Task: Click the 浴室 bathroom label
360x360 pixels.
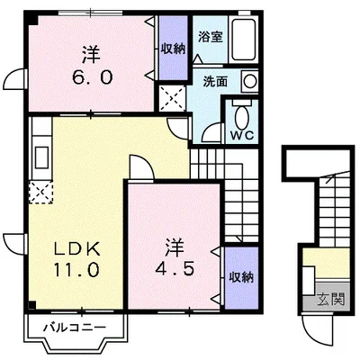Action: pyautogui.click(x=211, y=37)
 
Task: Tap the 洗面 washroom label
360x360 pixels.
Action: pyautogui.click(x=215, y=82)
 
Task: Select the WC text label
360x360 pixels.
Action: pyautogui.click(x=242, y=135)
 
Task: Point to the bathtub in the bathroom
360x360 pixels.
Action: pyautogui.click(x=243, y=38)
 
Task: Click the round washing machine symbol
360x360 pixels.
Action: pyautogui.click(x=249, y=81)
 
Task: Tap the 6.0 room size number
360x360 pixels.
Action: pyautogui.click(x=92, y=77)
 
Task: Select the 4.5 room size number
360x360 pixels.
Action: pyautogui.click(x=175, y=268)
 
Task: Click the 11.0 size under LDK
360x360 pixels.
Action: pyautogui.click(x=76, y=269)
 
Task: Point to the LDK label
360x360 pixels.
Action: pyautogui.click(x=76, y=248)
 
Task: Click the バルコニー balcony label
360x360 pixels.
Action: pyautogui.click(x=75, y=328)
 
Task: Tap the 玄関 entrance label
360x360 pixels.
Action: pyautogui.click(x=330, y=299)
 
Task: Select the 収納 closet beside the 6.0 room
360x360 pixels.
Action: pyautogui.click(x=174, y=49)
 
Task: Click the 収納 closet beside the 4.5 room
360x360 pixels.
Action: pyautogui.click(x=241, y=277)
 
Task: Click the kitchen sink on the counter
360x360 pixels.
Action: pyautogui.click(x=41, y=157)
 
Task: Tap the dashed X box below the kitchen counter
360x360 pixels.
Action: pyautogui.click(x=40, y=192)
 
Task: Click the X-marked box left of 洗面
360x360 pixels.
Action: pyautogui.click(x=172, y=98)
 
